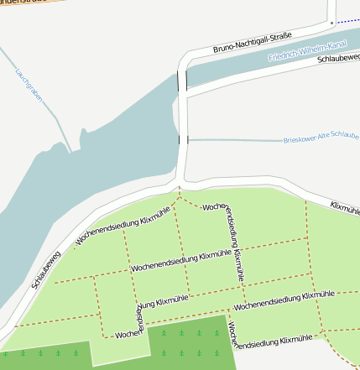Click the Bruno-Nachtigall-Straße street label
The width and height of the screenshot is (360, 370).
253,43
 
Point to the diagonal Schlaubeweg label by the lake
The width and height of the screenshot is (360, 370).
47,268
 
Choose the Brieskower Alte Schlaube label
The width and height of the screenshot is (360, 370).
321,138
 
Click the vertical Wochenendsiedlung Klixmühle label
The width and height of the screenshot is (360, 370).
234,243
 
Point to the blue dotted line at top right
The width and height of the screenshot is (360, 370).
346,21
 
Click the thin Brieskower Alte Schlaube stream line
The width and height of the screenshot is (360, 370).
235,140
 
